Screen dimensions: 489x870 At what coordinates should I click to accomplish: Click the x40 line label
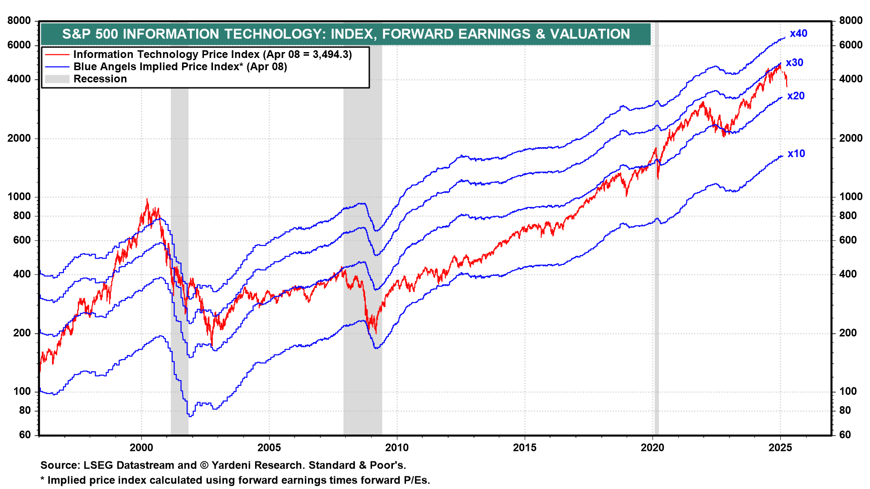pyautogui.click(x=798, y=34)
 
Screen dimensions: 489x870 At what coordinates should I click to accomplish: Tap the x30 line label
pyautogui.click(x=794, y=63)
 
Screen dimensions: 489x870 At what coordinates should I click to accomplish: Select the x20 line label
pyautogui.click(x=796, y=96)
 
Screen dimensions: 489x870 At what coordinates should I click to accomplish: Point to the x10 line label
pyautogui.click(x=796, y=153)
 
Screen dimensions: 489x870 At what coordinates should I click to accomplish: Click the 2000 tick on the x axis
pyautogui.click(x=141, y=448)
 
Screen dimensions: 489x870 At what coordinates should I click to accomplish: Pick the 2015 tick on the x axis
pyautogui.click(x=524, y=448)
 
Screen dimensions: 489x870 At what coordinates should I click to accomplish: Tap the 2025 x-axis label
pyautogui.click(x=780, y=448)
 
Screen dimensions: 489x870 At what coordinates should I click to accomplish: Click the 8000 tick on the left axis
pyautogui.click(x=19, y=21)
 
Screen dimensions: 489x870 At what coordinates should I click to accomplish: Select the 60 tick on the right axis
pyautogui.click(x=845, y=435)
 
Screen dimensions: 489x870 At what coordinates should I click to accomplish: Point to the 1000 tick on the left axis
pyautogui.click(x=19, y=197)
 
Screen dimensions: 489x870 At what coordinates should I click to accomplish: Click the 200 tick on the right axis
pyautogui.click(x=848, y=333)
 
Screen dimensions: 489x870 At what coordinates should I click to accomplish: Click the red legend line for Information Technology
pyautogui.click(x=57, y=55)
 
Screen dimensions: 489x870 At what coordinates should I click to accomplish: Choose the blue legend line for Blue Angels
pyautogui.click(x=57, y=67)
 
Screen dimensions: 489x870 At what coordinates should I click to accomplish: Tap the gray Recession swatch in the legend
pyautogui.click(x=57, y=79)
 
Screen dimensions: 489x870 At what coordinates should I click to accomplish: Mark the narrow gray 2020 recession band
pyautogui.click(x=657, y=272)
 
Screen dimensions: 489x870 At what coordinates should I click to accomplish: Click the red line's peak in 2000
pyautogui.click(x=147, y=199)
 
